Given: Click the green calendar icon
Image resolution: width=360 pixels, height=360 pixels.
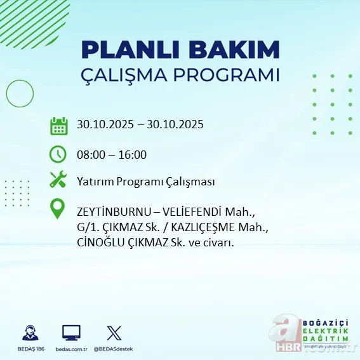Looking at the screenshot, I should [x=58, y=125].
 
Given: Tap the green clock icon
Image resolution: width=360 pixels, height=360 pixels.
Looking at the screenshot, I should [x=58, y=154].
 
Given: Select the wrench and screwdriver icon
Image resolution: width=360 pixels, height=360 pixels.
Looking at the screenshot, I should [x=58, y=180].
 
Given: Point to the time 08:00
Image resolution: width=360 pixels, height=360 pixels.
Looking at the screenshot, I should [x=90, y=154].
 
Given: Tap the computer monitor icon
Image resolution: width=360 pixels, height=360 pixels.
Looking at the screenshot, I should [x=70, y=333].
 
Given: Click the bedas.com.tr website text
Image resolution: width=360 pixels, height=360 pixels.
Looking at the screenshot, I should [x=71, y=350].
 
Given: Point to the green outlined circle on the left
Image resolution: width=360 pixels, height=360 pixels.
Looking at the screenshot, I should [x=19, y=94].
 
